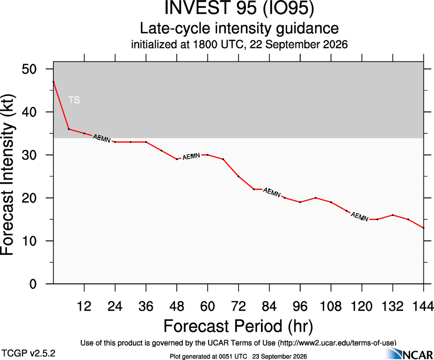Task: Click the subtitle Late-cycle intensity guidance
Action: click(x=239, y=28)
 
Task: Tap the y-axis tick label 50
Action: click(x=29, y=69)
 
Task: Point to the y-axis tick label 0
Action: click(x=33, y=284)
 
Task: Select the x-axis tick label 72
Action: click(x=238, y=306)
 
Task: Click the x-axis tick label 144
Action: click(x=423, y=306)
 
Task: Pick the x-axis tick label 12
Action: click(x=84, y=306)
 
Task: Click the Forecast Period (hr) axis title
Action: click(x=238, y=326)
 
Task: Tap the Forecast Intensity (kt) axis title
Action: click(x=8, y=175)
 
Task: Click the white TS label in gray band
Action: click(x=74, y=100)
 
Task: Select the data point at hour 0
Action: click(x=54, y=82)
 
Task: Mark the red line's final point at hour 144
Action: click(x=423, y=228)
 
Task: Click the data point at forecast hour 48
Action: click(x=176, y=159)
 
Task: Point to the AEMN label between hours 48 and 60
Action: click(x=191, y=156)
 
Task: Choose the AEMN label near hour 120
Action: click(x=360, y=216)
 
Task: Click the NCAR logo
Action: click(x=410, y=354)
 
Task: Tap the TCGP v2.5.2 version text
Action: click(x=28, y=354)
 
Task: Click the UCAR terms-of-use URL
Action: click(x=337, y=343)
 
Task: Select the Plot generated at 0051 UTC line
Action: click(x=238, y=356)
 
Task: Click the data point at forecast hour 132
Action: click(x=392, y=215)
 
